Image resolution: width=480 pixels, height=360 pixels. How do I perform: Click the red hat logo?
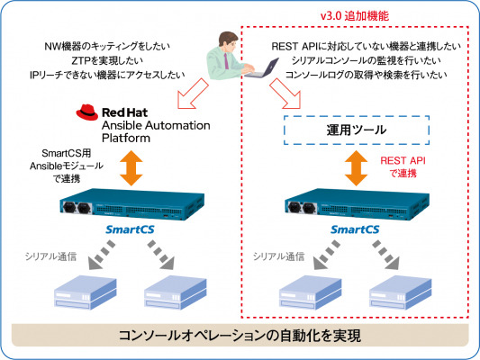point(87,112)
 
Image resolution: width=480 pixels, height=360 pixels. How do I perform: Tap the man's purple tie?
point(226,61)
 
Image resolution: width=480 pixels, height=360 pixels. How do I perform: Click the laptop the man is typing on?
point(262,67)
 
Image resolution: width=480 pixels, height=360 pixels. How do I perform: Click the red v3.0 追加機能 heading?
point(355,16)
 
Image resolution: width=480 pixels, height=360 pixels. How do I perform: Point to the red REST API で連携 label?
point(403,167)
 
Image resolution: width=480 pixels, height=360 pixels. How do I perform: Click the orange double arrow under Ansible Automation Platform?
point(131,168)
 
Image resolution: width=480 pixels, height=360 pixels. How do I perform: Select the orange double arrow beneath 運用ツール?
point(356,168)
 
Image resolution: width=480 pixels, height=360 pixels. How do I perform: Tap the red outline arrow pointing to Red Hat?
point(192,94)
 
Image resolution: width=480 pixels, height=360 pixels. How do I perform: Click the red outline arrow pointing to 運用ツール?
point(285,94)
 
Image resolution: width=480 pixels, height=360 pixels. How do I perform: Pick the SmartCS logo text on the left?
point(130,229)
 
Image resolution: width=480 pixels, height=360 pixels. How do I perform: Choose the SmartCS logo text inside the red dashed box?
point(355,229)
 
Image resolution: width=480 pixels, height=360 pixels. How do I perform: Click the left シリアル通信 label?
point(50,256)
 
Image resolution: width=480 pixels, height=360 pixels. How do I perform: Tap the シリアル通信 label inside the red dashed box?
point(278,256)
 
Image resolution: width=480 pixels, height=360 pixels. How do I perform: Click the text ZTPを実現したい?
point(107,60)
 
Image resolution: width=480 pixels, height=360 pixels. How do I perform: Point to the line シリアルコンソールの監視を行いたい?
point(367,60)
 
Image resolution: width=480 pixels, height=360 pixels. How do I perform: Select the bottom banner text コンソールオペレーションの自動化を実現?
point(240,336)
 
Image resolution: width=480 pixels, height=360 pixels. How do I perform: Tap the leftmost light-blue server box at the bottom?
point(86,292)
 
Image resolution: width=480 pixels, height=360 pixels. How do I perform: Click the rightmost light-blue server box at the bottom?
point(401,292)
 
